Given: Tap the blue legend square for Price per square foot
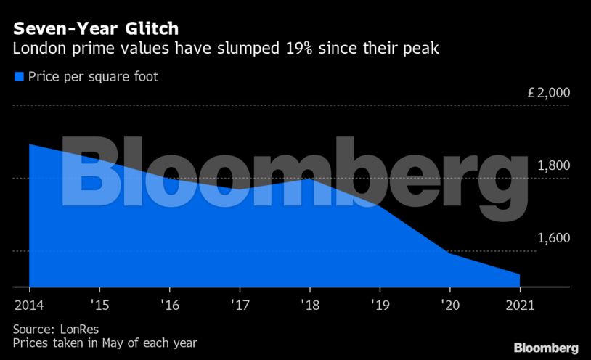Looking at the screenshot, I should [18, 76].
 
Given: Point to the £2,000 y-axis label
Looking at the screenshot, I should [549, 93].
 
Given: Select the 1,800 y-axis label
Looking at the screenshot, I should [554, 165].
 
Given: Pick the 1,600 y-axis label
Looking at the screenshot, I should [554, 238].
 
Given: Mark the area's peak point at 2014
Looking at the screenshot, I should [30, 144].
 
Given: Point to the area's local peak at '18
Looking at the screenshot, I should [309, 179].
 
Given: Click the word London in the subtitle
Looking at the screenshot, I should [37, 50].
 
